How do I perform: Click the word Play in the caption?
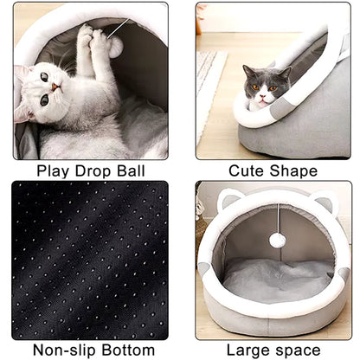53,171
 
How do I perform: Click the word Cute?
246,170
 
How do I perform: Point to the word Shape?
293,171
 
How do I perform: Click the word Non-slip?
64,350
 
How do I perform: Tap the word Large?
247,350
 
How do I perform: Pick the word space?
297,351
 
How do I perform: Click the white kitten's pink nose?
55,87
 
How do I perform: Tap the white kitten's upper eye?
44,77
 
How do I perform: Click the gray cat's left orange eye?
255,87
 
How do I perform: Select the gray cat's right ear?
286,72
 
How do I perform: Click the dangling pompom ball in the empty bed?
277,240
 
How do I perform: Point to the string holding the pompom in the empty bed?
279,218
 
